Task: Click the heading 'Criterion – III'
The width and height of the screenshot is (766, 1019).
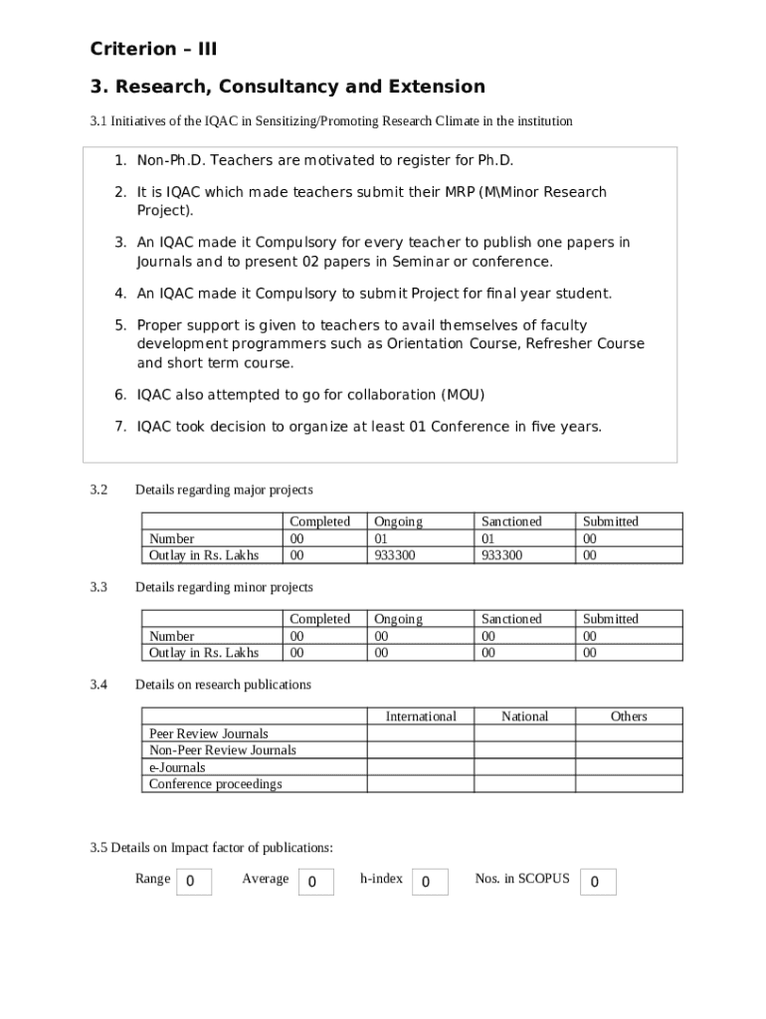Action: (x=153, y=49)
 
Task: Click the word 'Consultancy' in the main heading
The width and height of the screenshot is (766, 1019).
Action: (x=273, y=87)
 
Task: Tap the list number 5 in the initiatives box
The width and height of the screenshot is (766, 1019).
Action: (x=120, y=325)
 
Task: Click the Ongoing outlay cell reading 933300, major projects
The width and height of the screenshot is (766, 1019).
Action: (x=395, y=555)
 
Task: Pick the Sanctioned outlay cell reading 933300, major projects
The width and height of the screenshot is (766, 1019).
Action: (x=501, y=555)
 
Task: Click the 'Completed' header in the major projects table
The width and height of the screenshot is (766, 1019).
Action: (x=319, y=521)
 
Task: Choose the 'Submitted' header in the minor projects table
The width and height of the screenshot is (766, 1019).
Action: (x=611, y=619)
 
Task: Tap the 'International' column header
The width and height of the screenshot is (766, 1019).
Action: (x=421, y=716)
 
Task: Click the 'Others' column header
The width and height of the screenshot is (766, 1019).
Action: (x=629, y=716)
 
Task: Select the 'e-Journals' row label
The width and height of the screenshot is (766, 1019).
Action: (x=177, y=767)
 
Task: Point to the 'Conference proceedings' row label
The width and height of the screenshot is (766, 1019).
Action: (x=215, y=784)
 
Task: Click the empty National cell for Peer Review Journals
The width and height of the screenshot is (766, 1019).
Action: (x=524, y=733)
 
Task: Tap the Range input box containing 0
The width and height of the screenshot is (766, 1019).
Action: (x=194, y=882)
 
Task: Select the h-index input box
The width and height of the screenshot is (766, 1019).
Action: (x=428, y=882)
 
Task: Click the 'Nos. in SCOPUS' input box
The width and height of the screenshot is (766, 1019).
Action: (x=597, y=882)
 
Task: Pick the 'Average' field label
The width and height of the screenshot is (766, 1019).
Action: (x=266, y=879)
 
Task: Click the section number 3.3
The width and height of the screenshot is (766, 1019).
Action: (x=98, y=587)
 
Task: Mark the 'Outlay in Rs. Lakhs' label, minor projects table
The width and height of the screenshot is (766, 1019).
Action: (x=204, y=653)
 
